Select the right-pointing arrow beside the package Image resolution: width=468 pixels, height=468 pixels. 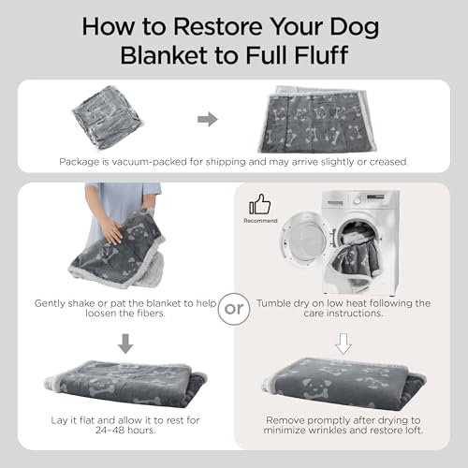pos(208,119)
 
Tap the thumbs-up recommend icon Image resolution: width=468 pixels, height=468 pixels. pos(259,205)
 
